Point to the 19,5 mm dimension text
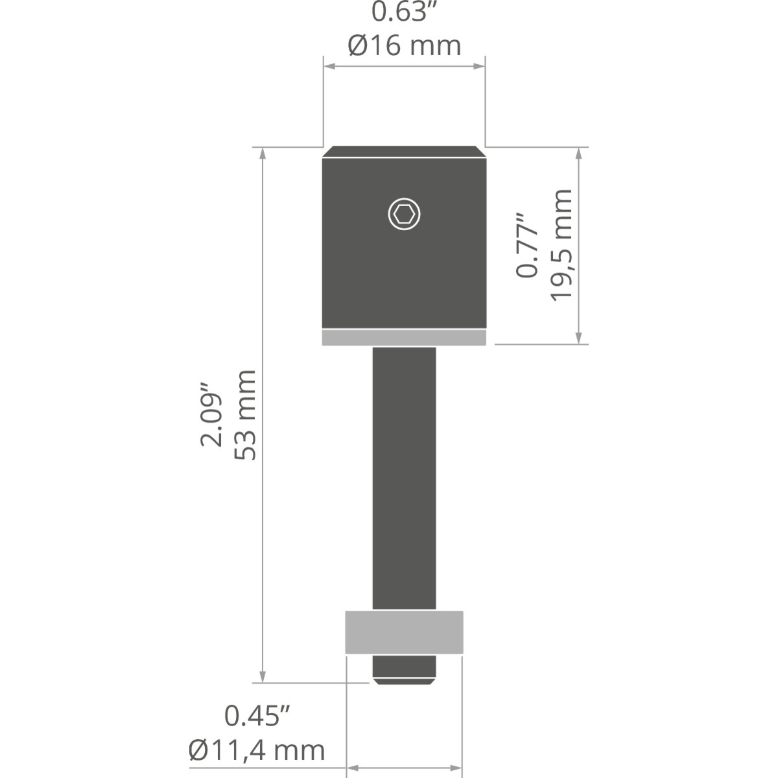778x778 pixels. point(561,244)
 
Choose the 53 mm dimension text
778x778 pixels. point(244,415)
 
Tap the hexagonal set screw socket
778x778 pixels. point(404,215)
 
